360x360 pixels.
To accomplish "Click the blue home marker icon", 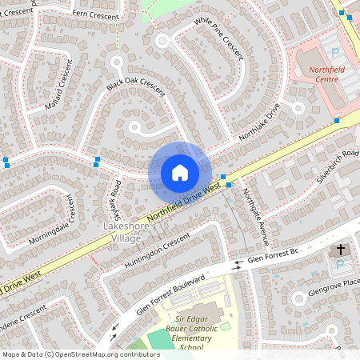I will click(179, 172).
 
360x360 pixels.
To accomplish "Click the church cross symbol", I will click(340, 250).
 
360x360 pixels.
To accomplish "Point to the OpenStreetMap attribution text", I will click(81, 354).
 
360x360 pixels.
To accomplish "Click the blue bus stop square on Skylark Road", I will click(98, 160).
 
